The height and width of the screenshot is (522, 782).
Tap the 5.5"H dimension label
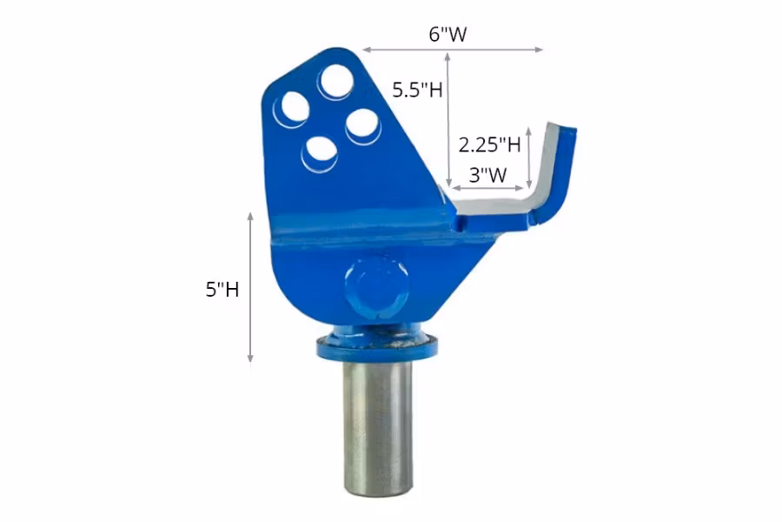[x=417, y=90]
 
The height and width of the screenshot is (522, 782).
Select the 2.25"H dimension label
[x=489, y=143]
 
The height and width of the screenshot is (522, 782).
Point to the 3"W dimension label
[x=487, y=173]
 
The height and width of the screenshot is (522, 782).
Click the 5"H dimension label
[x=222, y=289]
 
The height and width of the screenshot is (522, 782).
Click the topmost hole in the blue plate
[x=335, y=82]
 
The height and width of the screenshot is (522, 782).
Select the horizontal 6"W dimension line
[x=453, y=50]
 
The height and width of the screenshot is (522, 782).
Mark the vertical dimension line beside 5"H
[x=250, y=286]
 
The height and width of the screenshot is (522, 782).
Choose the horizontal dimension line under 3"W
[x=487, y=187]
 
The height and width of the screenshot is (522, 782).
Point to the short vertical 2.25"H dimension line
[x=529, y=157]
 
